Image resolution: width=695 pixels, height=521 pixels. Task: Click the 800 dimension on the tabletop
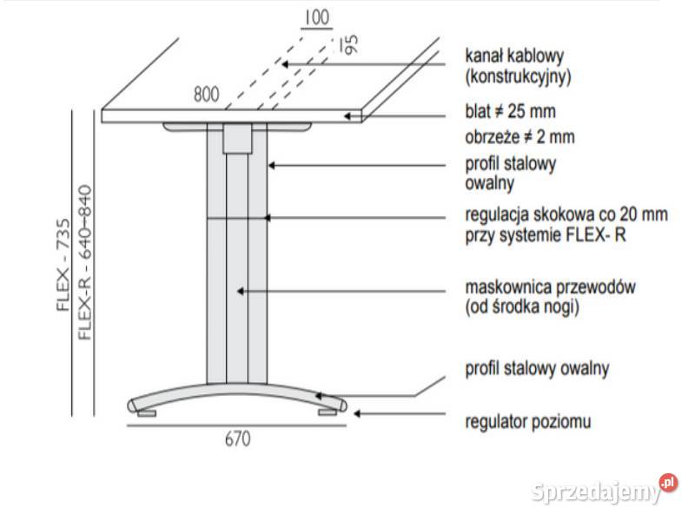(207, 95)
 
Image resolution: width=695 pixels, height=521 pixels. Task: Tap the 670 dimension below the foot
(237, 439)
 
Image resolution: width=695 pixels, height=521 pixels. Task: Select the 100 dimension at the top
(317, 17)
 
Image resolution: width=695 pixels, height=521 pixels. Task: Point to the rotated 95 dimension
(351, 45)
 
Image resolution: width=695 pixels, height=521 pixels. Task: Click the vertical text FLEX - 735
(63, 265)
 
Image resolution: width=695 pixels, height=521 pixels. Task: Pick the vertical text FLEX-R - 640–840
(84, 262)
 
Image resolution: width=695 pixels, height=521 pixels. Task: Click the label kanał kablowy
(514, 56)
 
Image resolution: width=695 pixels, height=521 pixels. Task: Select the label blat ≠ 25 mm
(510, 111)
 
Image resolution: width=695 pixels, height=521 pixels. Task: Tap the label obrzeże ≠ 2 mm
(520, 137)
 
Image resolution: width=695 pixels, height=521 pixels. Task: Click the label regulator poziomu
(528, 421)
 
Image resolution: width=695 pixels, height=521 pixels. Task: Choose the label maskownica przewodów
(550, 287)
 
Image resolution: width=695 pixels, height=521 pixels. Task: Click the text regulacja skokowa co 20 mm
(566, 214)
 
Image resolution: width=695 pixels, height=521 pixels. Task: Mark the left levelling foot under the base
(147, 413)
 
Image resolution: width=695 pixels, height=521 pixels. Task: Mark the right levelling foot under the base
(328, 412)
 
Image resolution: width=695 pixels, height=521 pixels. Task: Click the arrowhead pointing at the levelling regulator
(357, 414)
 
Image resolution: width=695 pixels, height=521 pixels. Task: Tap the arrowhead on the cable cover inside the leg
(241, 291)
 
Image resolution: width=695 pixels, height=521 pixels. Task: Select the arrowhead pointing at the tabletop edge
(348, 116)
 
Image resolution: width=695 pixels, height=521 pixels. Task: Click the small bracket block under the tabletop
(237, 139)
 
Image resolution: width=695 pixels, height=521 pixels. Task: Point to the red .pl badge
(669, 483)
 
